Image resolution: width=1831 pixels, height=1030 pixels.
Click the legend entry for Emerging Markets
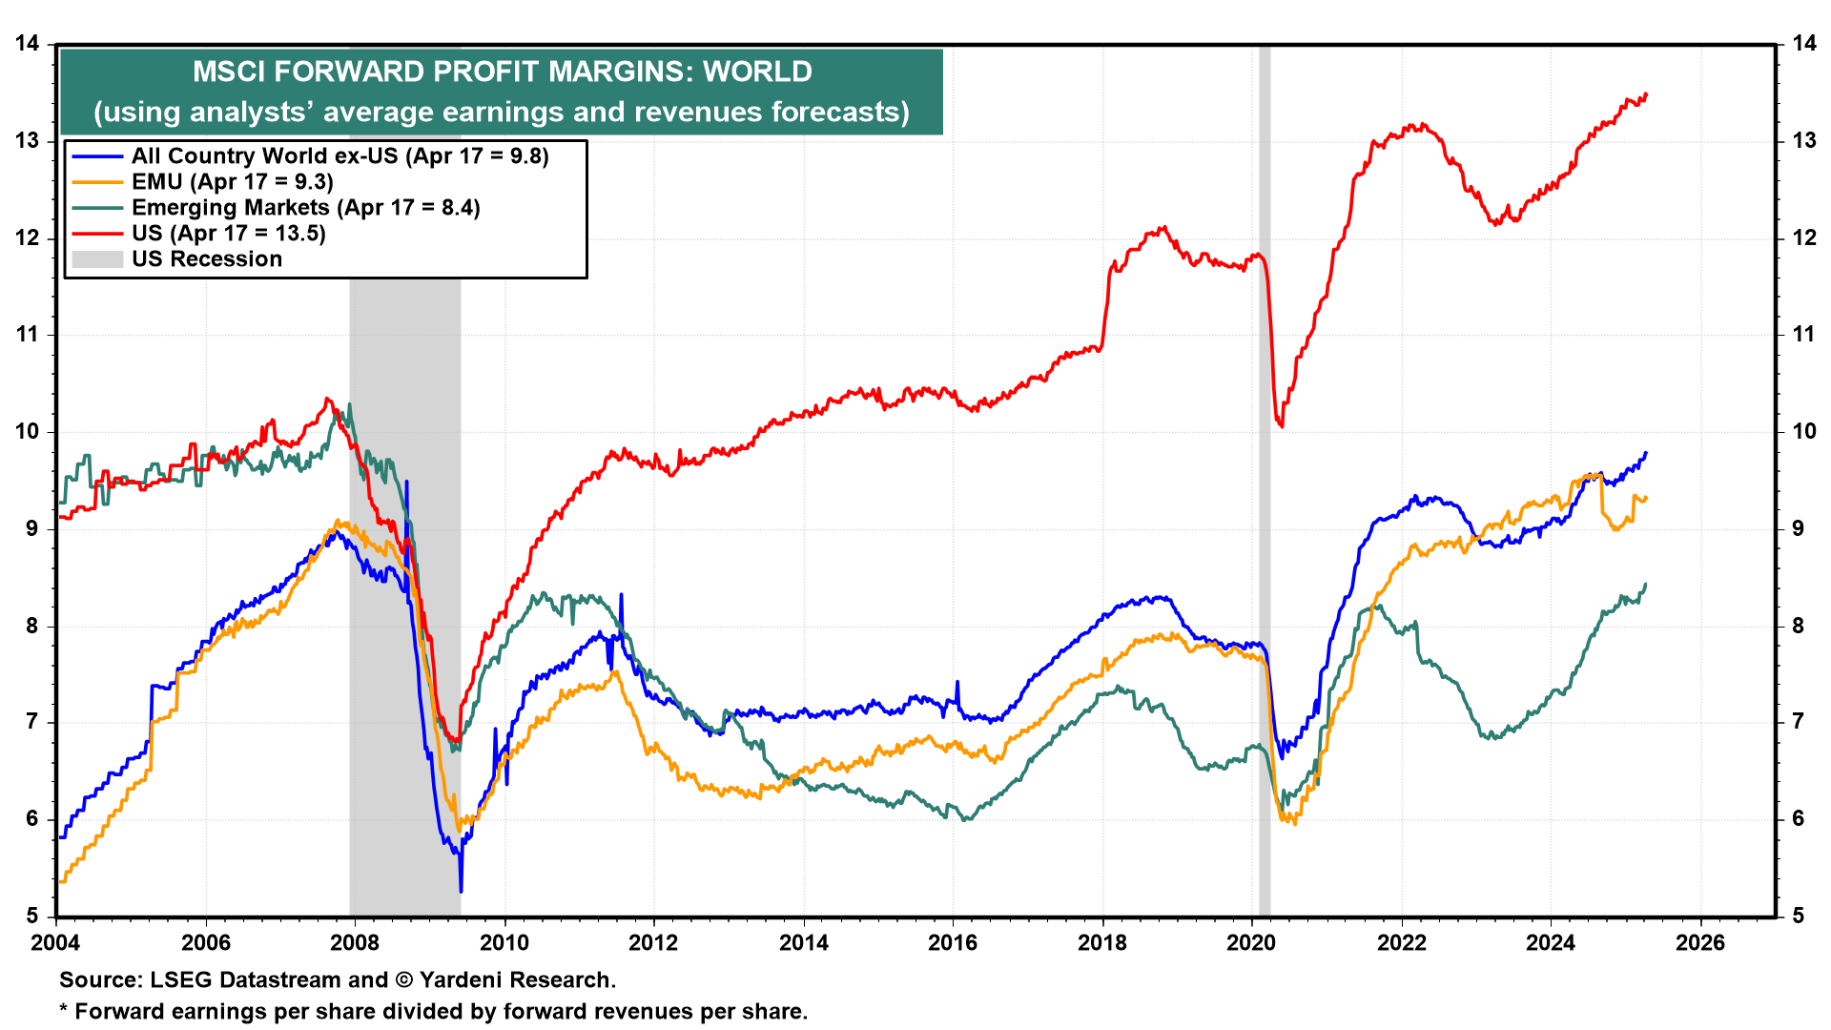[x=305, y=208]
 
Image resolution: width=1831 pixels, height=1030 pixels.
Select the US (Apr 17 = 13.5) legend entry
[x=228, y=234]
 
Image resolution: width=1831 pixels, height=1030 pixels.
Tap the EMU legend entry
[x=232, y=182]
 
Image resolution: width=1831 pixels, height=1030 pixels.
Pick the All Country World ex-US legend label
[x=339, y=156]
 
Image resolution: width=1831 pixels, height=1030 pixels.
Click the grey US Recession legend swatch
[x=97, y=259]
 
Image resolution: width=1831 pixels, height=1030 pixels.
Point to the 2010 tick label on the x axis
[x=504, y=943]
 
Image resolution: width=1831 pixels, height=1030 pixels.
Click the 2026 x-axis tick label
[x=1700, y=943]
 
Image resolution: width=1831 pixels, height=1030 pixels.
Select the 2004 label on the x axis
[x=56, y=943]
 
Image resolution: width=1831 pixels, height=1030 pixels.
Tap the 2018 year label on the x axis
[x=1101, y=943]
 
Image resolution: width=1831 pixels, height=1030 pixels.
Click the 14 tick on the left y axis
[x=27, y=44]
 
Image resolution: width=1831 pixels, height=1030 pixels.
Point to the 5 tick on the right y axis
[x=1797, y=917]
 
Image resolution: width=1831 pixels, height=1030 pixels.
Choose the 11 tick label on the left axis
[x=27, y=335]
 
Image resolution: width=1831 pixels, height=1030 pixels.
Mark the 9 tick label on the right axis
[x=1797, y=529]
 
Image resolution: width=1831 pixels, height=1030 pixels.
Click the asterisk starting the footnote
[x=65, y=1010]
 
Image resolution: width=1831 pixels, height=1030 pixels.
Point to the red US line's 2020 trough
[x=1282, y=426]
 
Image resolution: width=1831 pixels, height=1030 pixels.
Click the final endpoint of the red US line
[x=1646, y=94]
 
